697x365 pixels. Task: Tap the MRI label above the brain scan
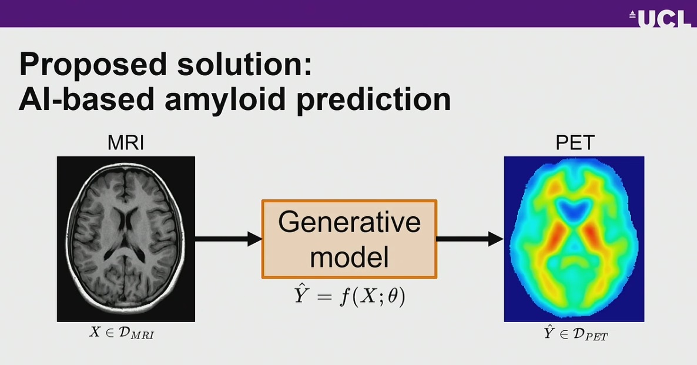[x=126, y=143]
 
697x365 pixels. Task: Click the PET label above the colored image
[x=574, y=143]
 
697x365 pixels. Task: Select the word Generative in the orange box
[x=349, y=223]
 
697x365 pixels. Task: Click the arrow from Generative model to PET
[x=470, y=239]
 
